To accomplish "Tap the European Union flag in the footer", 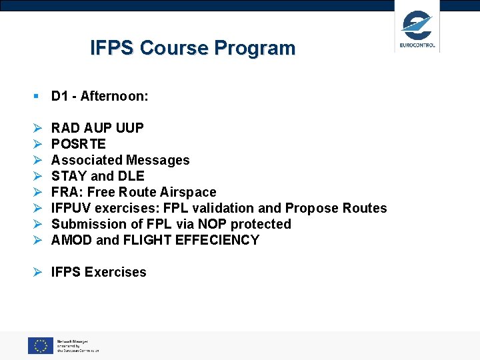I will click(40, 345).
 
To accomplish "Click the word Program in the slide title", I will click(255, 48).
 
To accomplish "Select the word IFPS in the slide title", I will click(113, 48).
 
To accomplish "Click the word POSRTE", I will click(78, 144).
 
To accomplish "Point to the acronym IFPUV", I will click(71, 208).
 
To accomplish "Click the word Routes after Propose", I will click(364, 208).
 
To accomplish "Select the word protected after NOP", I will click(259, 224).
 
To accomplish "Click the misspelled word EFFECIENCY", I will click(217, 240).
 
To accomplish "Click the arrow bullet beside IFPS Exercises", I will click(38, 272).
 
